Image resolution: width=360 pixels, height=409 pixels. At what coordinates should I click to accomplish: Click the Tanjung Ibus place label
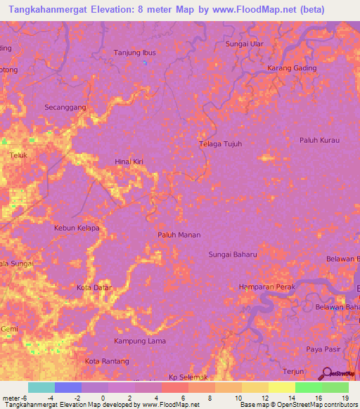pyautogui.click(x=134, y=53)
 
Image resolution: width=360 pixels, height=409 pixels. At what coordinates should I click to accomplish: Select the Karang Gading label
pyautogui.click(x=292, y=68)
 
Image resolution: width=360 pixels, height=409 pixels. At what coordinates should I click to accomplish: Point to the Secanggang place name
pyautogui.click(x=65, y=107)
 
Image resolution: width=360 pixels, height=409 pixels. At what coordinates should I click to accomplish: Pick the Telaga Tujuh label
pyautogui.click(x=219, y=144)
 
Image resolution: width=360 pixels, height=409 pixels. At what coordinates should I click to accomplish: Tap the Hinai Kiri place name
pyautogui.click(x=129, y=162)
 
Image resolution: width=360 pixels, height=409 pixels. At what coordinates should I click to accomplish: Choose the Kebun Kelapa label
pyautogui.click(x=77, y=228)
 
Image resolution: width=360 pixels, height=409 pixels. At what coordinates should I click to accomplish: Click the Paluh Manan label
pyautogui.click(x=179, y=235)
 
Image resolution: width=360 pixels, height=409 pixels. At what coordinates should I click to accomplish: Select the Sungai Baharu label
pyautogui.click(x=233, y=254)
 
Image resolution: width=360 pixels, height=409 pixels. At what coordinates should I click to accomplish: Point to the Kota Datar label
pyautogui.click(x=94, y=287)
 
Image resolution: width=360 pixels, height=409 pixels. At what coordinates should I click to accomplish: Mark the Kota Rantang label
pyautogui.click(x=107, y=361)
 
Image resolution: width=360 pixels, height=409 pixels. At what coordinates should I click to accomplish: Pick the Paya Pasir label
pyautogui.click(x=322, y=349)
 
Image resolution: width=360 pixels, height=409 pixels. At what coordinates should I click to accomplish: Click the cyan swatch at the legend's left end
pyautogui.click(x=41, y=387)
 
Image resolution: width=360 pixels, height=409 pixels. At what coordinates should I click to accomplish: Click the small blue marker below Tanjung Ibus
pyautogui.click(x=145, y=64)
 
